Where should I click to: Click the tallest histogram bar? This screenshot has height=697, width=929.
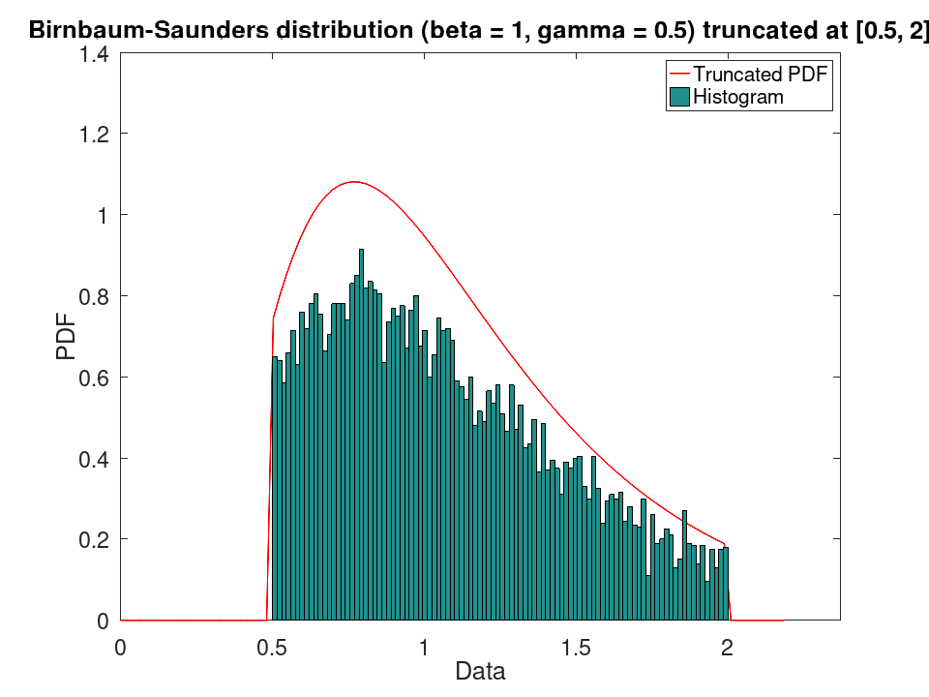coord(361,435)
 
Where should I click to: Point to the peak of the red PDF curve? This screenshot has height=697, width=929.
coord(354,181)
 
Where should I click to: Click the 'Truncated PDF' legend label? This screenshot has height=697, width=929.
coord(761,75)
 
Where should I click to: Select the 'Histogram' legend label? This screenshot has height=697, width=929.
coord(738,97)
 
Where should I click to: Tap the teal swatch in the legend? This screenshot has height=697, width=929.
coord(679,97)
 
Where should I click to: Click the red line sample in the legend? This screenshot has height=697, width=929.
coord(679,75)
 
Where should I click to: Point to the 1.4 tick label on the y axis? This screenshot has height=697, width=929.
coord(94,54)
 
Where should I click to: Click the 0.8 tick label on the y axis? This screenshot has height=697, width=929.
coord(94,296)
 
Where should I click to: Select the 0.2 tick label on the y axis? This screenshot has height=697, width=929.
coord(94,540)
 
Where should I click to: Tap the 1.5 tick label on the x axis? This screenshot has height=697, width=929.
coord(576,648)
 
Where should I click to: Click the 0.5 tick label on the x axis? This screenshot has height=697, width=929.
coord(272,648)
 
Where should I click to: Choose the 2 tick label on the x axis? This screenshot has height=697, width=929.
coord(727,648)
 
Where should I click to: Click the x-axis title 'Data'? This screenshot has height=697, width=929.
coord(481,672)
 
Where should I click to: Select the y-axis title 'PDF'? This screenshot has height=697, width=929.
coord(67,337)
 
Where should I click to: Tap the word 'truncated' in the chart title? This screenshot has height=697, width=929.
coord(775,30)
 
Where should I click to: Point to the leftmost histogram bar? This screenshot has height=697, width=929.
coord(274,488)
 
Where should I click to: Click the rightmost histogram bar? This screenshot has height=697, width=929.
coord(726,583)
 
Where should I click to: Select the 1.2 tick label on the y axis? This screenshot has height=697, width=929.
coord(94,135)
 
